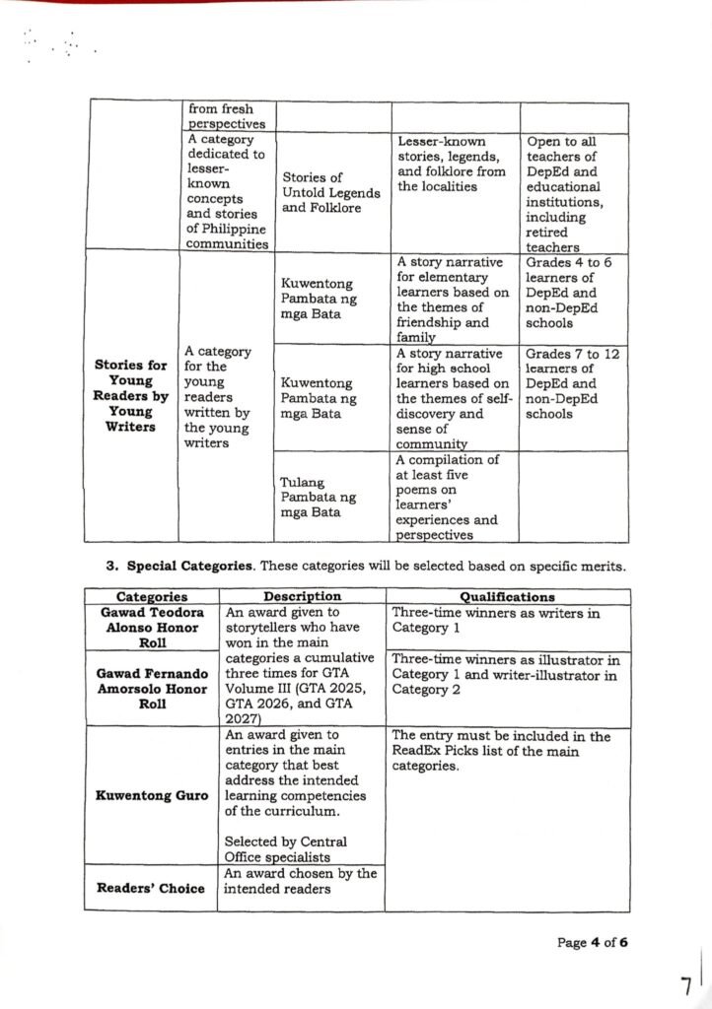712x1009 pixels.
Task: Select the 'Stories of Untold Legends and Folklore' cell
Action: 330,192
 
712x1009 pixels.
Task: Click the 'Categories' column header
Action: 151,596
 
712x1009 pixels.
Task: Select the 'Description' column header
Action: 302,596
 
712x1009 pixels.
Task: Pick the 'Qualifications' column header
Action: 507,596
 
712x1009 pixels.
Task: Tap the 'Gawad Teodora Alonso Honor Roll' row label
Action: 151,628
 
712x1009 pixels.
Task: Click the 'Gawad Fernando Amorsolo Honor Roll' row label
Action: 151,689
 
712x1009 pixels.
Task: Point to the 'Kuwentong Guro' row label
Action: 151,795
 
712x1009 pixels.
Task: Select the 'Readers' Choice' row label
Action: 151,888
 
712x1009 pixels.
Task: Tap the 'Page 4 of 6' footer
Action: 592,942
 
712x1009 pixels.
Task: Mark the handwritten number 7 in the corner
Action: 685,984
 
